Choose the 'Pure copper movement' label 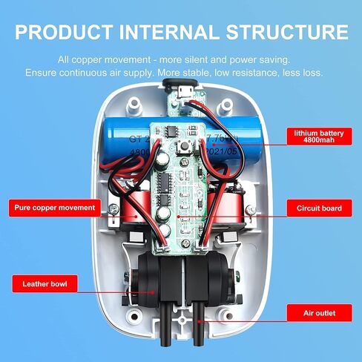[53, 208]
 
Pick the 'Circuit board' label [314, 209]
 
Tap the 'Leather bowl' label [45, 283]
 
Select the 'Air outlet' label [314, 314]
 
